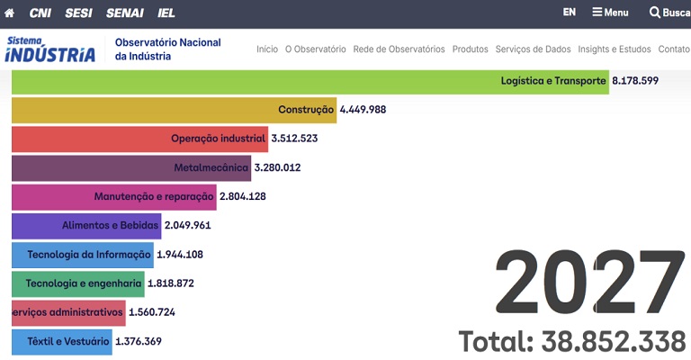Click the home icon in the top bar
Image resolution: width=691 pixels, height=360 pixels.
(x=10, y=13)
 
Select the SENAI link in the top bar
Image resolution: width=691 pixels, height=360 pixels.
(x=124, y=13)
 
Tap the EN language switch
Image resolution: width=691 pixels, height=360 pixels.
(x=570, y=13)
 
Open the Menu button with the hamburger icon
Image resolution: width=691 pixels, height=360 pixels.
(x=610, y=13)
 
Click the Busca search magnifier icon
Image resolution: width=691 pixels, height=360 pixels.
(x=655, y=13)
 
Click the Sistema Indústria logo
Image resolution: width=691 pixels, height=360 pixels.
(x=50, y=49)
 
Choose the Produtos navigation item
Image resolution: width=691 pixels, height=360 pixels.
(x=470, y=49)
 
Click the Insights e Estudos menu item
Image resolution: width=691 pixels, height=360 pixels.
(x=614, y=49)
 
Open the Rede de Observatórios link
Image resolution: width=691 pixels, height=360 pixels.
(x=399, y=49)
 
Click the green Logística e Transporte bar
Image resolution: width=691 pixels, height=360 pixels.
(x=310, y=81)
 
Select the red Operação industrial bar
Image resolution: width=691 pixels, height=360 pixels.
(x=139, y=139)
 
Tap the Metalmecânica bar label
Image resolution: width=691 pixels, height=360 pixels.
(x=211, y=167)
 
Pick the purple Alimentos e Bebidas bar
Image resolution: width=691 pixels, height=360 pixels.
(x=85, y=225)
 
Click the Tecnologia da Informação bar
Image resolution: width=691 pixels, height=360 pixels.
(x=82, y=255)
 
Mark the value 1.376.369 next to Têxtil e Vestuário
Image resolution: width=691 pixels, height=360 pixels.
(x=139, y=341)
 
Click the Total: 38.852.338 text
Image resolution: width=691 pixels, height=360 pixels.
(x=572, y=341)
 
